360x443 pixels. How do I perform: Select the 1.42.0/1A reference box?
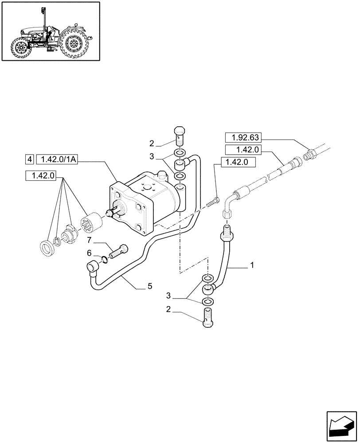click(x=57, y=159)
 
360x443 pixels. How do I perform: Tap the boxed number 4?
click(x=30, y=159)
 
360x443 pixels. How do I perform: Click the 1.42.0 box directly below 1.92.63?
click(x=243, y=150)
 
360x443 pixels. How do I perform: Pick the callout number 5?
click(x=149, y=287)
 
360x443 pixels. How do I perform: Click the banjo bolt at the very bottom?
click(x=208, y=319)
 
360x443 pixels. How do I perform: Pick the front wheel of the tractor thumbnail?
click(x=20, y=48)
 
